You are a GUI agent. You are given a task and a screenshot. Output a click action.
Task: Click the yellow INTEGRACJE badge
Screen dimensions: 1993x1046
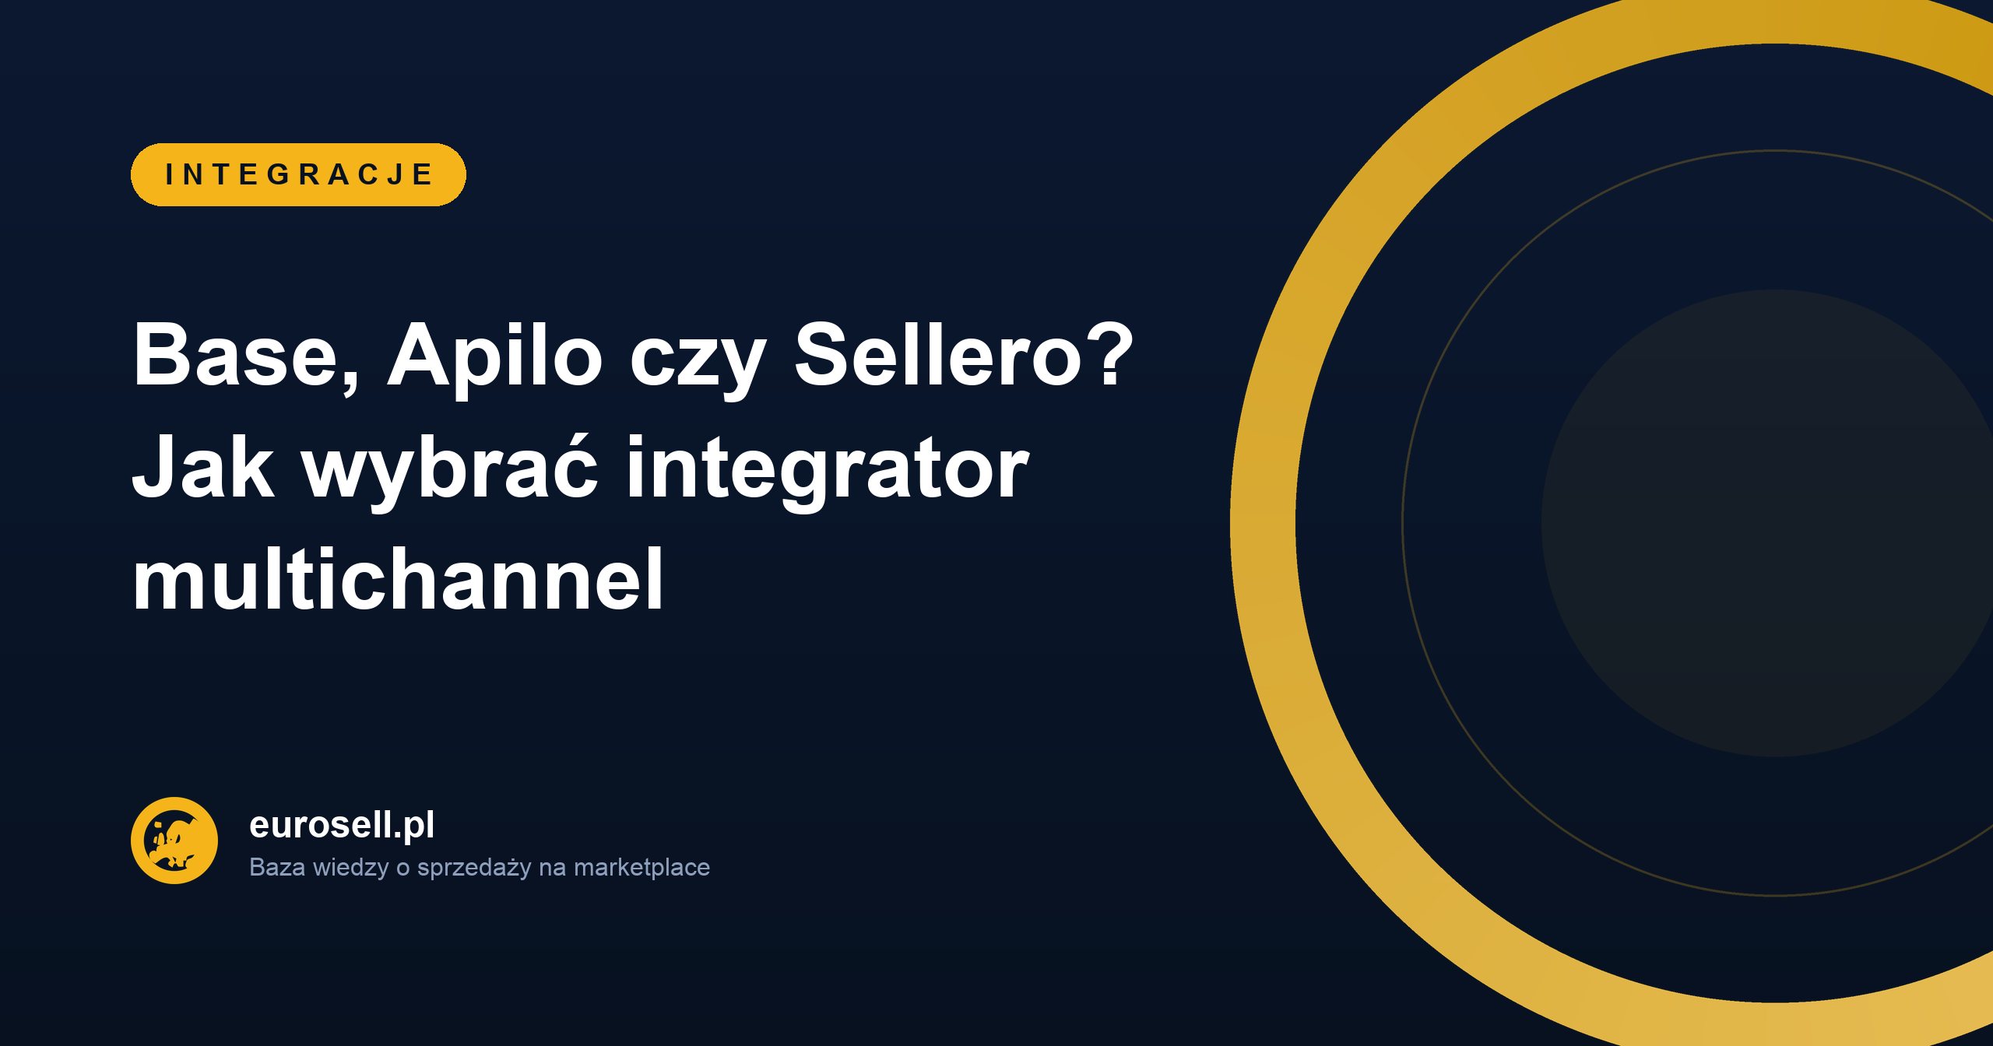point(298,174)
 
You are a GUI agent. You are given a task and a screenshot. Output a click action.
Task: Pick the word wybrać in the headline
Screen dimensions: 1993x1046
point(450,471)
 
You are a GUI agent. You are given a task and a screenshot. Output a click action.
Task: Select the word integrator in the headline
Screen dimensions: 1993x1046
point(828,471)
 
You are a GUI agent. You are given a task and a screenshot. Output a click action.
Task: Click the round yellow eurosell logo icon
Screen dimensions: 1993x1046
point(174,841)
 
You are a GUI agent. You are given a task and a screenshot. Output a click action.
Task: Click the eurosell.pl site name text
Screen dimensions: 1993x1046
point(342,826)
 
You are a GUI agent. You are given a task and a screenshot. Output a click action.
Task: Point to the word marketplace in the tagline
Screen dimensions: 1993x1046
point(641,867)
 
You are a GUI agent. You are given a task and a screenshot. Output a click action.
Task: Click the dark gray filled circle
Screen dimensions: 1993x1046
point(1767,523)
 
